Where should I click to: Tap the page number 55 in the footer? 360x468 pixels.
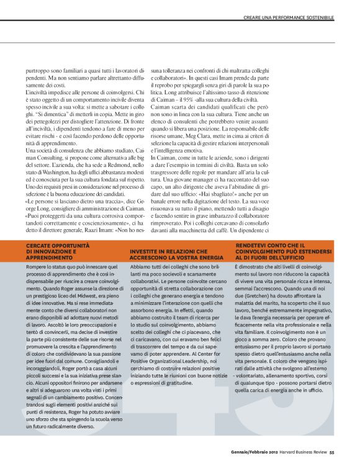point(332,452)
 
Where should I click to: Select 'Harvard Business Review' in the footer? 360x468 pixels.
point(302,452)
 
